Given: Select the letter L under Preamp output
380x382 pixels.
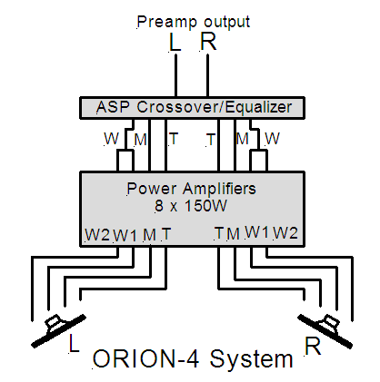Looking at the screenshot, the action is [x=175, y=42].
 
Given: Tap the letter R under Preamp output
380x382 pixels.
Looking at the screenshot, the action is [x=208, y=41].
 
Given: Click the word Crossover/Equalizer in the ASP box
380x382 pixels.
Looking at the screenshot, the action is [x=214, y=107].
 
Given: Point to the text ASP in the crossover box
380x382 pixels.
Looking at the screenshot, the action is [x=113, y=107].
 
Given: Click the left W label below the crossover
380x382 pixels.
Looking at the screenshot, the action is [x=112, y=139].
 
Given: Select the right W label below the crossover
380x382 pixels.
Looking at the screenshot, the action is [x=272, y=139].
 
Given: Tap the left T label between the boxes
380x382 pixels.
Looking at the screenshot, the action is [x=173, y=139].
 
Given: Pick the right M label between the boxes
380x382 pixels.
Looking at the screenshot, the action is [x=242, y=139].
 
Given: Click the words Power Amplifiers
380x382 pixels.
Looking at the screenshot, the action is [x=191, y=189].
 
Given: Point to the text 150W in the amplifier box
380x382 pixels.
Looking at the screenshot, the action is [x=205, y=206].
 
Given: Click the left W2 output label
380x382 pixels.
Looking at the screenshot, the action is [x=97, y=234].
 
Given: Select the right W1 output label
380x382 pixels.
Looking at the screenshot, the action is [x=257, y=232].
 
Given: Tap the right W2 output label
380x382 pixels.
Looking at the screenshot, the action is [x=285, y=233].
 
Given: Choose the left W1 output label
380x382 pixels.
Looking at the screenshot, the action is [x=125, y=235].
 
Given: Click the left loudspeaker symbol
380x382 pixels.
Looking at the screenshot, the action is [x=59, y=331].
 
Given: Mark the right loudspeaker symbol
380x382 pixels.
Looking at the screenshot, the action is [x=325, y=331].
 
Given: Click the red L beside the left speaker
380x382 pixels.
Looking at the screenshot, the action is [x=74, y=343].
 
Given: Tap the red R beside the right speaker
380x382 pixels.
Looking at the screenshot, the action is [x=313, y=347].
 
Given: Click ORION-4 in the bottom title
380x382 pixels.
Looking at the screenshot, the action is [x=146, y=359].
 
